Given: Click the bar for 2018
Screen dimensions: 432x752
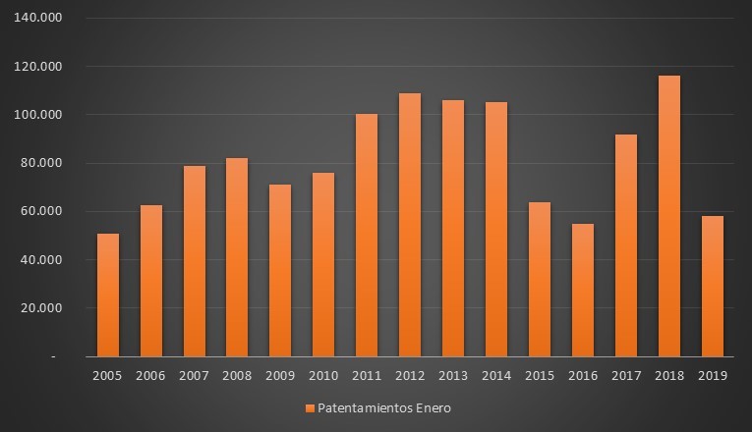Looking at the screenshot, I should pos(668,216).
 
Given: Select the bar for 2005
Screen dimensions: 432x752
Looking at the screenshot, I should pos(108,295).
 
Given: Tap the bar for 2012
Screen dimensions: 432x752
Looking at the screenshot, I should pos(410,225).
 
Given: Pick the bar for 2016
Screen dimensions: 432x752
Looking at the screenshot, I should pos(582,290).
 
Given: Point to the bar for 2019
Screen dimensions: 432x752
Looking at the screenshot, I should pos(712,286).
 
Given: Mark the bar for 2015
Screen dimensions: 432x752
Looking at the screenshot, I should pos(539,280).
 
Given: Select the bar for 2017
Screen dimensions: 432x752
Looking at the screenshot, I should pos(625,245).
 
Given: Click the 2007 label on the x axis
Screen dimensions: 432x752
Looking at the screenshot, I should pos(194,375).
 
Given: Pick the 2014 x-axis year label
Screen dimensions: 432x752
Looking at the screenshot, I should pos(495,375).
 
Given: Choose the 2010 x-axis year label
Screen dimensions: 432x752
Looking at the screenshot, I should pos(323,375).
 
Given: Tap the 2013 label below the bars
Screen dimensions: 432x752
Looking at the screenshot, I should pos(452,375).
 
